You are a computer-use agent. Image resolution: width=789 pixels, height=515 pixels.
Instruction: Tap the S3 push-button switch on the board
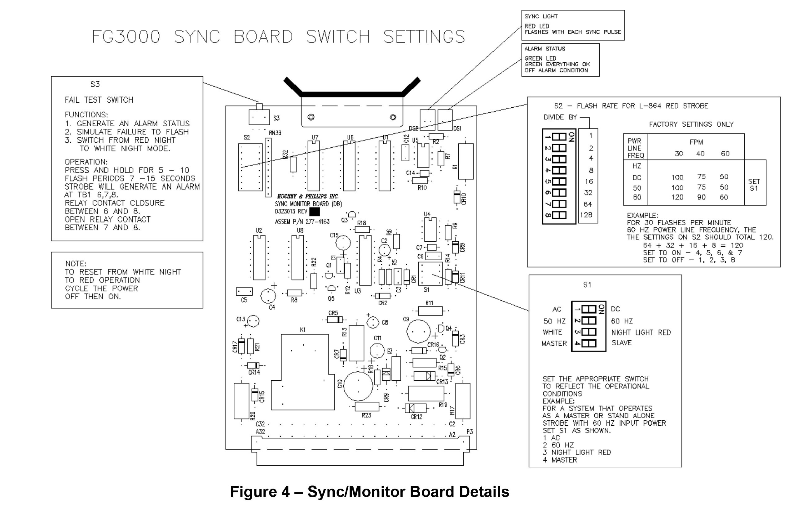point(259,117)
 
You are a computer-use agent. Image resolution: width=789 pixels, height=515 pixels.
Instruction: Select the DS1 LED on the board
point(445,120)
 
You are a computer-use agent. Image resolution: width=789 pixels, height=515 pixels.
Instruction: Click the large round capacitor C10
point(358,386)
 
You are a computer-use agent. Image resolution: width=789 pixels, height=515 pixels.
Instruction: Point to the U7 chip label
point(315,137)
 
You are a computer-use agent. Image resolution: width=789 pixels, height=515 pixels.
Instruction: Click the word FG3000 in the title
point(126,37)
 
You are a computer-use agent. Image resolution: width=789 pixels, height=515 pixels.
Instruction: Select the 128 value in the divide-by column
point(586,215)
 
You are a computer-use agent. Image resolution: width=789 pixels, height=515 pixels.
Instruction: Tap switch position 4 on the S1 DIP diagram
point(589,343)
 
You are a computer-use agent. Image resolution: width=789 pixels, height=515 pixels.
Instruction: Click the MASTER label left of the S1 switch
point(554,343)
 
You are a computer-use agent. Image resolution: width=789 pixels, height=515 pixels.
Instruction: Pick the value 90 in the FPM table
point(701,197)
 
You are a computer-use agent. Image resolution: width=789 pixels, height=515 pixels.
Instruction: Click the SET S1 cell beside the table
point(754,185)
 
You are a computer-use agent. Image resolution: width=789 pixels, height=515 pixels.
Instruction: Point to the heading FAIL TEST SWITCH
point(99,100)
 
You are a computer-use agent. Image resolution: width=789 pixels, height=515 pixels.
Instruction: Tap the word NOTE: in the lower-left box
point(76,263)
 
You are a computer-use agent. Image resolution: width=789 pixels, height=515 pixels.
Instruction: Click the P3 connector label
point(469,432)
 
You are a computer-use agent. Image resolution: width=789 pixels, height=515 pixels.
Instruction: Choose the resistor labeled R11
point(430,311)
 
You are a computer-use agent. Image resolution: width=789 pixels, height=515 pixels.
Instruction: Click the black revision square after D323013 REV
point(314,211)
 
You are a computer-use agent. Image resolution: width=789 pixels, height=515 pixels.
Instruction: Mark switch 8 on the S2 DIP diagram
point(559,215)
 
